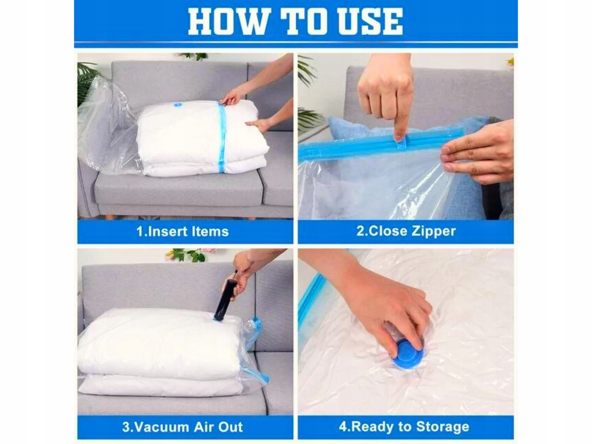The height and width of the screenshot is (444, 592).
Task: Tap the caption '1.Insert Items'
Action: click(x=183, y=232)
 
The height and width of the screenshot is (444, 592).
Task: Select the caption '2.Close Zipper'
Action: click(x=406, y=231)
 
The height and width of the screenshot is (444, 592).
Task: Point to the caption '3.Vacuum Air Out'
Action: click(x=183, y=427)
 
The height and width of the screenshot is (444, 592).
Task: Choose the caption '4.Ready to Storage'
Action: click(x=404, y=427)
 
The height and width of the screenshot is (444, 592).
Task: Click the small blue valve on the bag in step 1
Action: click(x=178, y=103)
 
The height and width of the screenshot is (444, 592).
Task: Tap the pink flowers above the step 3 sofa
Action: click(x=209, y=251)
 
